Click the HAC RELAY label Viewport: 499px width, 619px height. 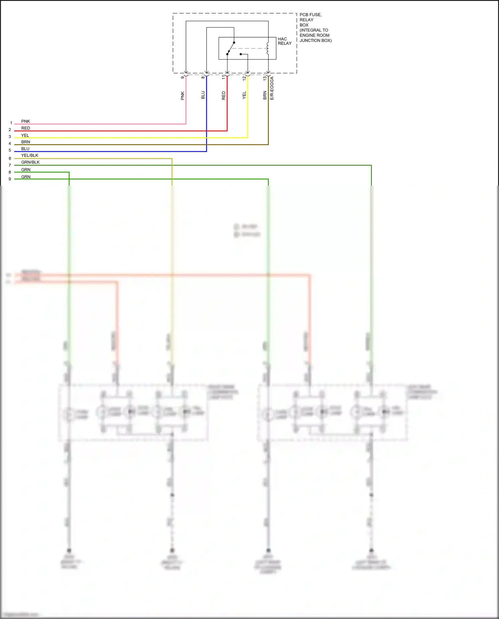coord(284,41)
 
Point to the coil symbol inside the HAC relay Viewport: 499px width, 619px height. coord(268,48)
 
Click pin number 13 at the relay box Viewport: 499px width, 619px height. coord(265,78)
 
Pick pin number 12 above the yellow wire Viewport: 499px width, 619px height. coord(244,78)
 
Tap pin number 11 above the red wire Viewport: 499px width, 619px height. coord(224,77)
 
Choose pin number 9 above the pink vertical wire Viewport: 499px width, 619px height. coord(182,77)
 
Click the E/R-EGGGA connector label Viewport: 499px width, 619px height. coord(272,88)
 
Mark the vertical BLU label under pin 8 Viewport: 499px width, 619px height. coord(203,95)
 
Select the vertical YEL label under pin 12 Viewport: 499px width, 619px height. coord(244,95)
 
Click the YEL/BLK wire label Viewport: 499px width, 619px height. coord(30,155)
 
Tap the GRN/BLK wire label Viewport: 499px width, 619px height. coord(30,162)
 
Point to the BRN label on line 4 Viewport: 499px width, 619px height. coord(26,142)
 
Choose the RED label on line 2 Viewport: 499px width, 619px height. coord(26,128)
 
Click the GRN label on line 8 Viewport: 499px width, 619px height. coord(26,170)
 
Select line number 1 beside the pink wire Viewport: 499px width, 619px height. coord(11,123)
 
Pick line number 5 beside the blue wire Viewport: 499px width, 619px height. coord(10,150)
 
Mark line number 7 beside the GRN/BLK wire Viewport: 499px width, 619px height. coord(10,165)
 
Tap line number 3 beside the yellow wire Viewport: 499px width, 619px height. coord(10,137)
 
